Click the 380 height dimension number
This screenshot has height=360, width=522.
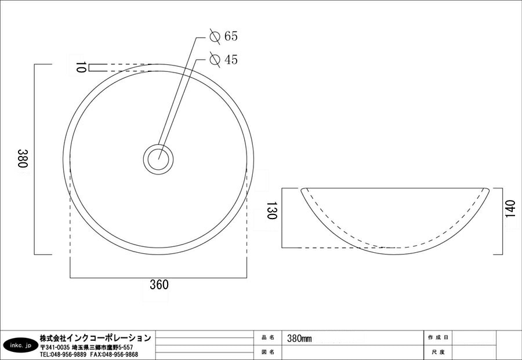(x=23, y=158)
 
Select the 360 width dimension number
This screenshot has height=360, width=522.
(x=159, y=285)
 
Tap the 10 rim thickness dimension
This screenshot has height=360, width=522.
(x=81, y=67)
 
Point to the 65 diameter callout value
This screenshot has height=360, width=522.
(x=231, y=36)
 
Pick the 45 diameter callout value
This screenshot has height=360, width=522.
(x=231, y=60)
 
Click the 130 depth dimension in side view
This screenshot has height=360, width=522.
(x=271, y=210)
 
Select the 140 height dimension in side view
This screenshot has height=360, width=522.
(x=510, y=209)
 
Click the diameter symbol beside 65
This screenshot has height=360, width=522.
(x=215, y=37)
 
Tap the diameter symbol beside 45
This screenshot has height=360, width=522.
(x=215, y=60)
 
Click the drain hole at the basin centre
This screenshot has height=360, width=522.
(x=158, y=159)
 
